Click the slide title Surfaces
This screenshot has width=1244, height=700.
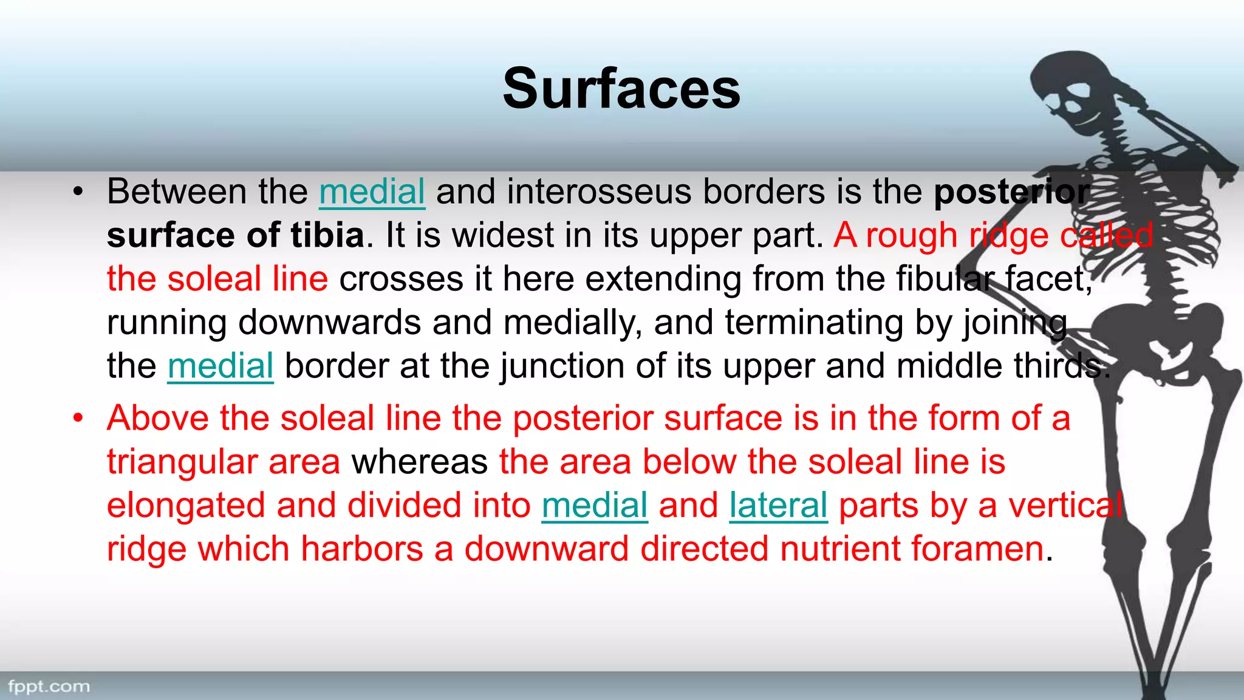coord(621,89)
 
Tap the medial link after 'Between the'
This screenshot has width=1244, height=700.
coord(372,191)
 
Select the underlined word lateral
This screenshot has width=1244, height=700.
coord(778,505)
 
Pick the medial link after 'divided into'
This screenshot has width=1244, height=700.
coord(595,505)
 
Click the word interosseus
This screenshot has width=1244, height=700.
coord(600,191)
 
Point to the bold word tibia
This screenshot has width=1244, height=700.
coord(327,235)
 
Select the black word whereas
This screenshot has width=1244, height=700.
coord(420,462)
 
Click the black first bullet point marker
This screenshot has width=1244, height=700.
coord(78,193)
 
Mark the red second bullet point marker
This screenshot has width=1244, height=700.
coord(78,419)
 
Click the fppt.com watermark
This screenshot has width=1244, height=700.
coord(49,687)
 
